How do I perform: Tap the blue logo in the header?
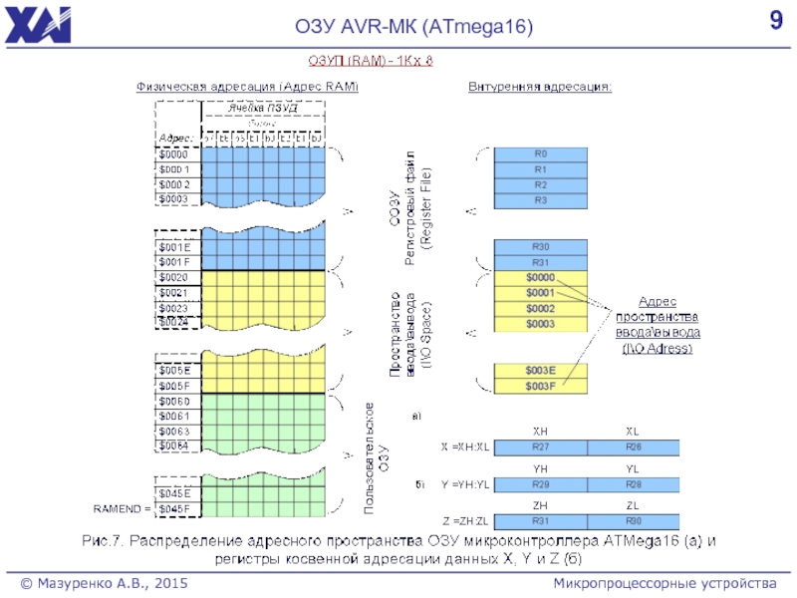click(x=38, y=23)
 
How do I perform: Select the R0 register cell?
click(x=541, y=154)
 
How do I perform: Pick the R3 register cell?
click(x=541, y=200)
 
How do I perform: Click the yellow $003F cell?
click(x=541, y=386)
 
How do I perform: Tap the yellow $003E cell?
click(x=541, y=371)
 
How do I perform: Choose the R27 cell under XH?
click(x=541, y=448)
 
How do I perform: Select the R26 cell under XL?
click(x=633, y=448)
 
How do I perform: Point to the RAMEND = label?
click(x=122, y=508)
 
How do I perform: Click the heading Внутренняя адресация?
click(x=541, y=87)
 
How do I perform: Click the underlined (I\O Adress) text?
click(x=657, y=348)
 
